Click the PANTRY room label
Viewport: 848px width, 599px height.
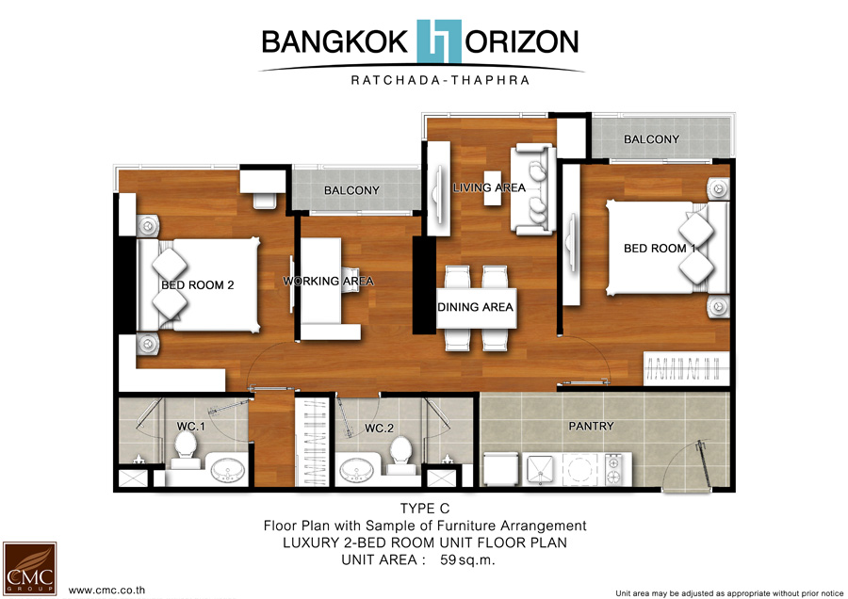click(591, 426)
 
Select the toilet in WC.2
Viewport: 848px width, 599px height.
click(401, 451)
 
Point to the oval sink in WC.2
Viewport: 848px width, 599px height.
click(356, 470)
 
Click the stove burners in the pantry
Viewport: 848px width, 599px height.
click(613, 469)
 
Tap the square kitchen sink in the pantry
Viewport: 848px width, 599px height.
click(540, 470)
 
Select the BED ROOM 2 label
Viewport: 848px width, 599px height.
click(198, 285)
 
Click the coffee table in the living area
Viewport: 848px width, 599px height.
click(493, 187)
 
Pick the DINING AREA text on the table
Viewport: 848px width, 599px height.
click(476, 307)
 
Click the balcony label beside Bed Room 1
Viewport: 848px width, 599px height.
click(651, 139)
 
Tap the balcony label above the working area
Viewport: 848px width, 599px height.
click(351, 190)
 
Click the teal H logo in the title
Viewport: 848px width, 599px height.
click(439, 41)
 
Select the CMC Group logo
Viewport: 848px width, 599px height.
click(29, 568)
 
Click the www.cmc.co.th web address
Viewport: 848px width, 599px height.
click(106, 591)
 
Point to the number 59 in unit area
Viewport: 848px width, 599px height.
click(448, 559)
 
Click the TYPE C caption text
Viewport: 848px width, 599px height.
click(425, 509)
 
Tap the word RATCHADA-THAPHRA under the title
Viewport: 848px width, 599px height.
click(440, 81)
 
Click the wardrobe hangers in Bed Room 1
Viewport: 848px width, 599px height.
click(686, 368)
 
